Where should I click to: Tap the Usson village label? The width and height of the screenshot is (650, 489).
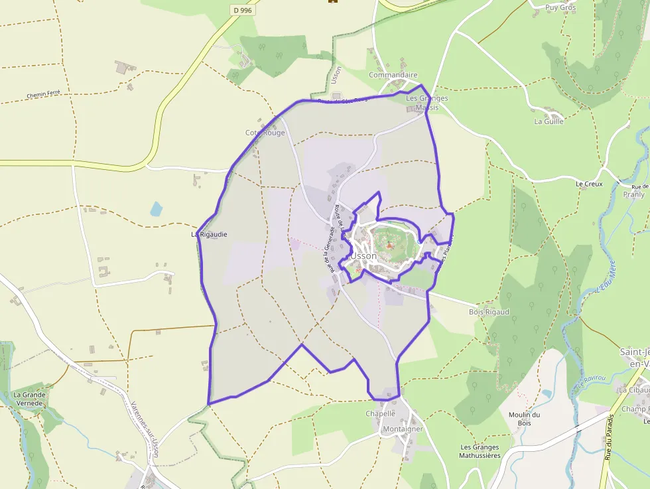click(x=363, y=255)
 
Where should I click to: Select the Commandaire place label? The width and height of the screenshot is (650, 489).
click(x=393, y=75)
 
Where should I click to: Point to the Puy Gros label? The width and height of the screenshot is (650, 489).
click(x=560, y=8)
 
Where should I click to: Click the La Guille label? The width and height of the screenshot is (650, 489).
click(x=549, y=121)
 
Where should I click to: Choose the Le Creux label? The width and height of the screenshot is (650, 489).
click(x=589, y=184)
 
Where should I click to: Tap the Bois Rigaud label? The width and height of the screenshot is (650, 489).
click(x=489, y=312)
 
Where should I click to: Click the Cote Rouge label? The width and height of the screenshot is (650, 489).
click(x=265, y=133)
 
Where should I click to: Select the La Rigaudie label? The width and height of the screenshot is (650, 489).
click(x=209, y=234)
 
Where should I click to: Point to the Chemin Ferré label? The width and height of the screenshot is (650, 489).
click(x=48, y=94)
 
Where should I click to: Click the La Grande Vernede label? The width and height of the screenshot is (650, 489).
click(x=29, y=399)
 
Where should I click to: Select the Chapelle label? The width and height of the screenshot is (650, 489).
click(x=380, y=413)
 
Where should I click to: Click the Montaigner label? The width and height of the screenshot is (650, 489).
click(x=402, y=429)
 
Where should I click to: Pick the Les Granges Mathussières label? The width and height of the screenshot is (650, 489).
click(x=480, y=451)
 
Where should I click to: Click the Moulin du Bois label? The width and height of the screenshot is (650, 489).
click(x=524, y=419)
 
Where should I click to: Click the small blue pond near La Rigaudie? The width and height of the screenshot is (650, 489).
click(x=156, y=210)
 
